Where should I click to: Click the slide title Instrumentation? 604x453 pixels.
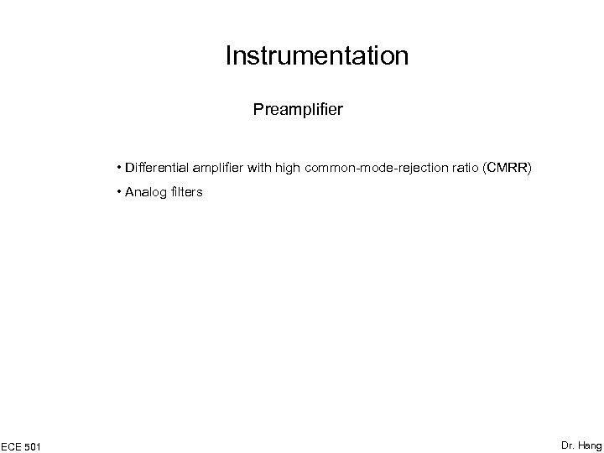(x=317, y=56)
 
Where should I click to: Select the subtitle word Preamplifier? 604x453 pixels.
(x=297, y=109)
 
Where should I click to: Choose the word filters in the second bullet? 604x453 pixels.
(x=185, y=192)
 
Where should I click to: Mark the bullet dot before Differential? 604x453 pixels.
(x=121, y=168)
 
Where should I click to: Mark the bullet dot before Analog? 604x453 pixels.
(x=121, y=192)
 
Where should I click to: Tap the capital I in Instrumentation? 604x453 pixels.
(x=228, y=56)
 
